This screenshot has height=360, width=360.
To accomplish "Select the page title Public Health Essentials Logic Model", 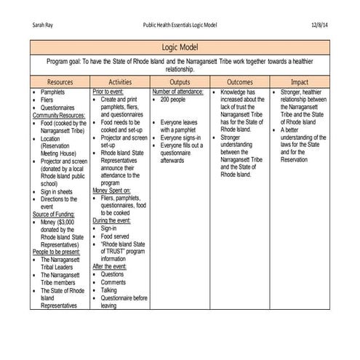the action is pyautogui.click(x=180, y=25).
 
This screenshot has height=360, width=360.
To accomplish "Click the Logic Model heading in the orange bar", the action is pyautogui.click(x=180, y=47).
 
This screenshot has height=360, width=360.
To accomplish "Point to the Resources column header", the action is pyautogui.click(x=60, y=82).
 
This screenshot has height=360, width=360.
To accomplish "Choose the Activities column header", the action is pyautogui.click(x=119, y=82).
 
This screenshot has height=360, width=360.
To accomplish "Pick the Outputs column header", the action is pyautogui.click(x=179, y=82).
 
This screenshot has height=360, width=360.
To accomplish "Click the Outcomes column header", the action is pyautogui.click(x=240, y=82).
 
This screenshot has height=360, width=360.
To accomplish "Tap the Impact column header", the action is pyautogui.click(x=300, y=82).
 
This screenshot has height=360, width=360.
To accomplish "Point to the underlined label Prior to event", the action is pyautogui.click(x=109, y=92).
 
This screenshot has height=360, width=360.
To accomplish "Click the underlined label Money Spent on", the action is pyautogui.click(x=112, y=191).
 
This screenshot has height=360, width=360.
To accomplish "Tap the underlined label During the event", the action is pyautogui.click(x=111, y=220).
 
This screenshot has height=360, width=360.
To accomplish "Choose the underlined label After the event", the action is pyautogui.click(x=109, y=266).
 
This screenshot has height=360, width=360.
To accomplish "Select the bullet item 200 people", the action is pyautogui.click(x=175, y=100).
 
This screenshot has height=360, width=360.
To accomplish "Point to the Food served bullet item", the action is pyautogui.click(x=116, y=236).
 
